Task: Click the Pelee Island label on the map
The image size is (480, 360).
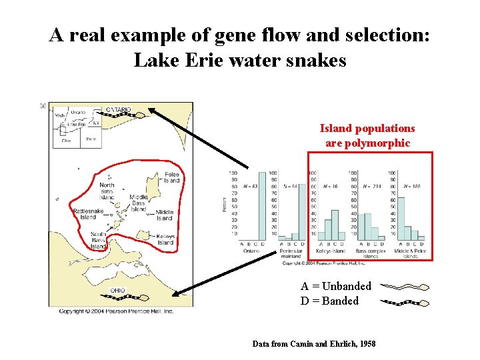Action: coord(171,177)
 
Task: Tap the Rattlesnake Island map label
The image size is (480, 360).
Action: coord(88,213)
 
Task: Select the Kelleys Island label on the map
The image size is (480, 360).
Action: coord(165,239)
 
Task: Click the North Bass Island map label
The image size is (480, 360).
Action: coord(107,190)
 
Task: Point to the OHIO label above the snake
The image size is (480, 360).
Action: coord(117,290)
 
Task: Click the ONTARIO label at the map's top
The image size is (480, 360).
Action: coord(119,109)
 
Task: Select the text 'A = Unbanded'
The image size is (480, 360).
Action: coord(335,286)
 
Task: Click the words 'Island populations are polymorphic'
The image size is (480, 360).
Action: coord(367,135)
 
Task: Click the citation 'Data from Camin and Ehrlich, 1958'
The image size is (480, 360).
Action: coord(313,344)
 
